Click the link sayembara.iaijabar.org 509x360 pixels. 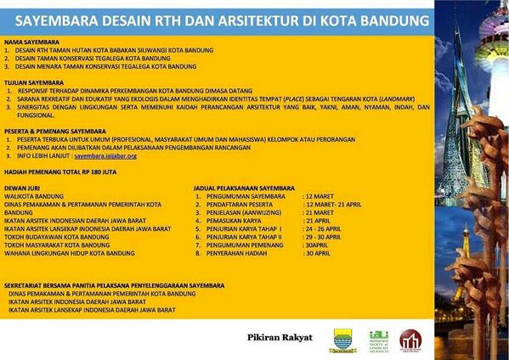(x=105, y=156)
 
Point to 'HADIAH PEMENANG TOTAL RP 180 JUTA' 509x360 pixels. (x=62, y=171)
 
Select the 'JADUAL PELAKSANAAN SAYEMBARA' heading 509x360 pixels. (x=249, y=187)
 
